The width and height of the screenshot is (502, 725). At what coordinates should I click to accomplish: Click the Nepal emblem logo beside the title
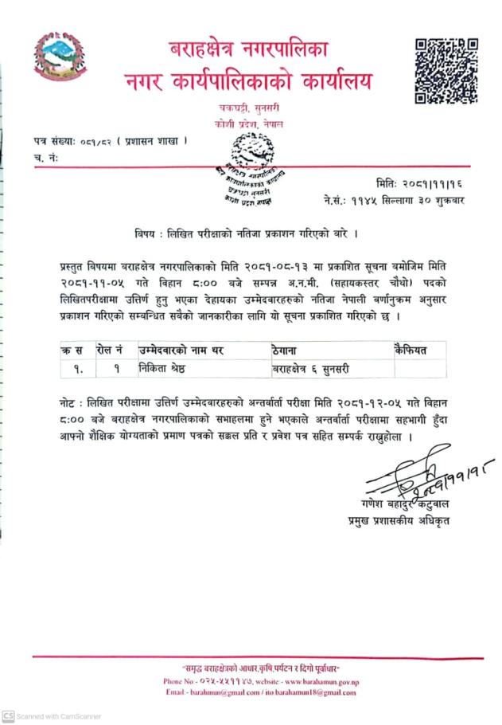[58, 57]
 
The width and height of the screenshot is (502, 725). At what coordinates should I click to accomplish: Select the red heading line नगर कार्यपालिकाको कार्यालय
[247, 80]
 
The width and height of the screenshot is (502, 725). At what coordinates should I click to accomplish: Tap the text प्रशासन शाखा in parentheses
[152, 141]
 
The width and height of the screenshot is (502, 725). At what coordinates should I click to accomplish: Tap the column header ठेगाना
[286, 350]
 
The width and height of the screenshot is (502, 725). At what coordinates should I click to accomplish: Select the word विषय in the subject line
[146, 234]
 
